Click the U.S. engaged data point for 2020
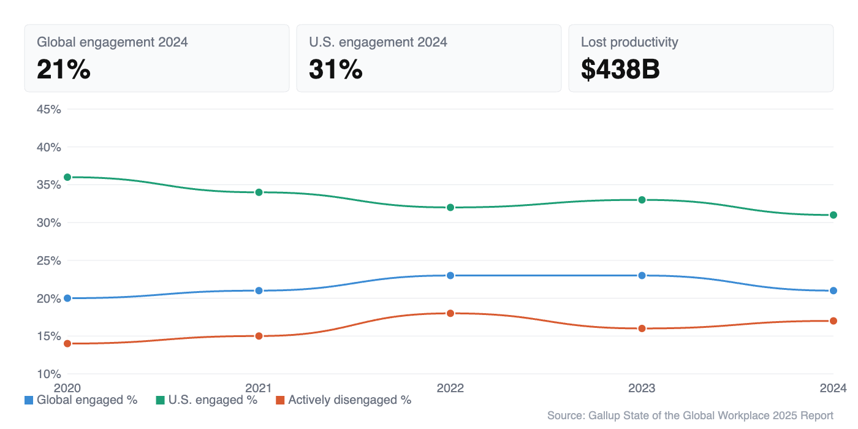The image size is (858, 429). coord(67,177)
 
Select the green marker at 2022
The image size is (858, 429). coord(450,207)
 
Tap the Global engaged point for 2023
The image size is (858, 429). coord(642,275)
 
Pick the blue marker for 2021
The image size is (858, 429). coord(259,290)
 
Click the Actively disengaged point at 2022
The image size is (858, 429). coord(450,313)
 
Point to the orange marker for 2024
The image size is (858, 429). coord(833,321)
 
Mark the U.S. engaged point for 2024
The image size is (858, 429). coord(833,215)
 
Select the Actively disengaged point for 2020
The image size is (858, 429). coord(67,343)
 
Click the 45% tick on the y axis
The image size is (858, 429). coord(49,110)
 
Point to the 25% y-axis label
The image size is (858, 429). coord(49,260)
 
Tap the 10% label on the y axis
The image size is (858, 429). coord(49,374)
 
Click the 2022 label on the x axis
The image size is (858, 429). coord(450,388)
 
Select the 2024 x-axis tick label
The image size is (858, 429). coord(833,388)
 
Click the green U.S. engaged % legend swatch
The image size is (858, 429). coord(160,400)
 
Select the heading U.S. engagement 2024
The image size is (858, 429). coord(378,42)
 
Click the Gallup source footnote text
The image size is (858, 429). coord(690,416)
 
